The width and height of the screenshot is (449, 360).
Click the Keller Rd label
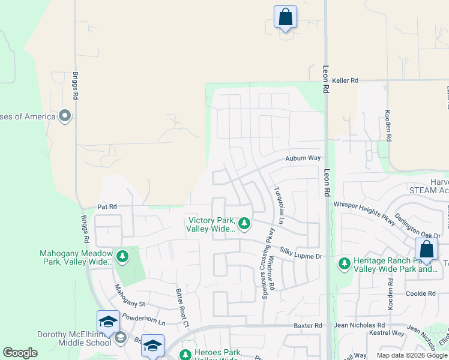click(x=345, y=80)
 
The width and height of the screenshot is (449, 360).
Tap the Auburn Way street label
click(x=303, y=158)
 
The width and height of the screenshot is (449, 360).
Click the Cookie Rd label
click(x=420, y=293)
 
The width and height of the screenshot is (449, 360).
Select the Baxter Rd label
click(x=308, y=325)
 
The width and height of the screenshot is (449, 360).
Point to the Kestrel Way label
click(x=387, y=332)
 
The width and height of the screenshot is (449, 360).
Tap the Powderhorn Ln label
click(x=143, y=319)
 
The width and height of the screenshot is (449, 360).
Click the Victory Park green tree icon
click(x=244, y=224)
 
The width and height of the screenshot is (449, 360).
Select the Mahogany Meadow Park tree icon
click(x=122, y=257)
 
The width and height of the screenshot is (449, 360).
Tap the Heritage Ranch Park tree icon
click(x=344, y=263)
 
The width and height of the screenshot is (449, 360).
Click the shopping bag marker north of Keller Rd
click(x=285, y=17)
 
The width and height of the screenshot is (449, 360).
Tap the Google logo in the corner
click(x=20, y=353)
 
